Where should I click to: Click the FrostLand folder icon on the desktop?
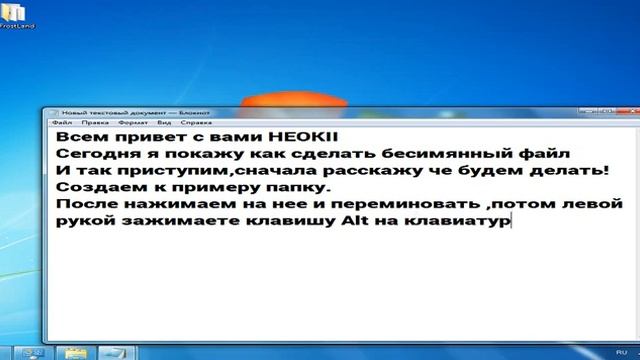(16, 12)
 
